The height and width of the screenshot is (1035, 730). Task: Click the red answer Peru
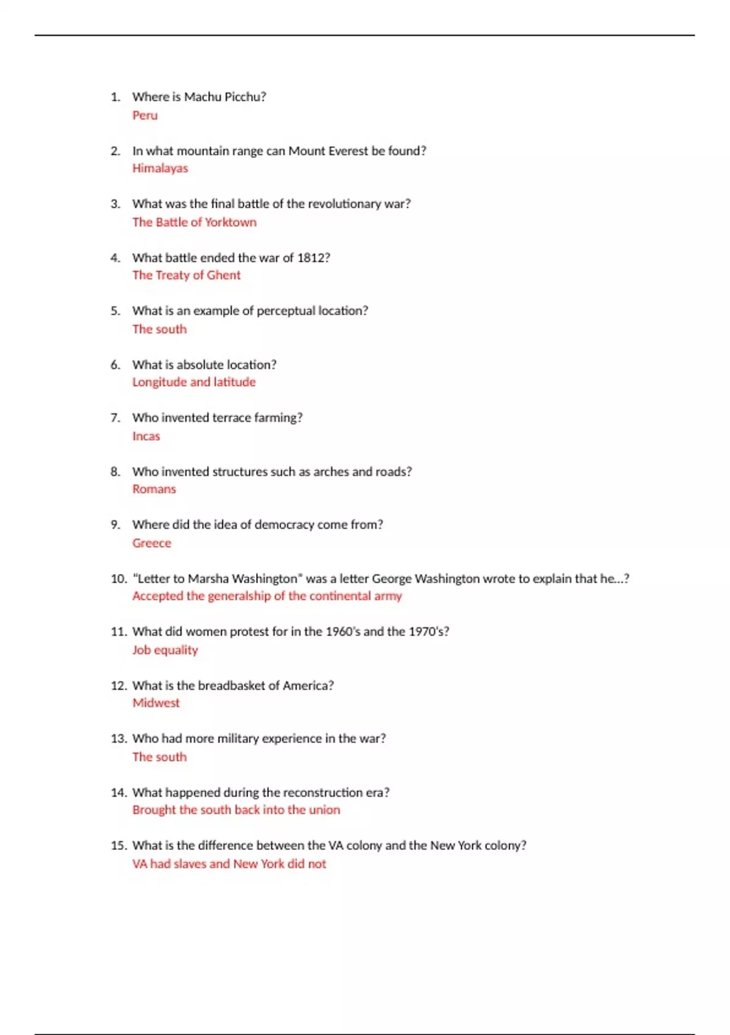point(145,115)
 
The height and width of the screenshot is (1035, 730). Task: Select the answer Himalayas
point(160,168)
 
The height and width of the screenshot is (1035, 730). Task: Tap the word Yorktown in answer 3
point(231,222)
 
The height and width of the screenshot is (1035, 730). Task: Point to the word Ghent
point(223,275)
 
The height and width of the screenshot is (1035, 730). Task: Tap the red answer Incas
point(146,436)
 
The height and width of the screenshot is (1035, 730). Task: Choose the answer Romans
point(154,489)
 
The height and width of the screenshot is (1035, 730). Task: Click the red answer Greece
point(151,543)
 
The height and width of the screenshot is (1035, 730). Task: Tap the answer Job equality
point(165,650)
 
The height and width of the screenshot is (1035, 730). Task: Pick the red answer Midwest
point(156,703)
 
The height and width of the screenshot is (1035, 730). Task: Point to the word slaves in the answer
point(190,864)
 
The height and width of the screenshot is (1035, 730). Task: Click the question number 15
point(118,846)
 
